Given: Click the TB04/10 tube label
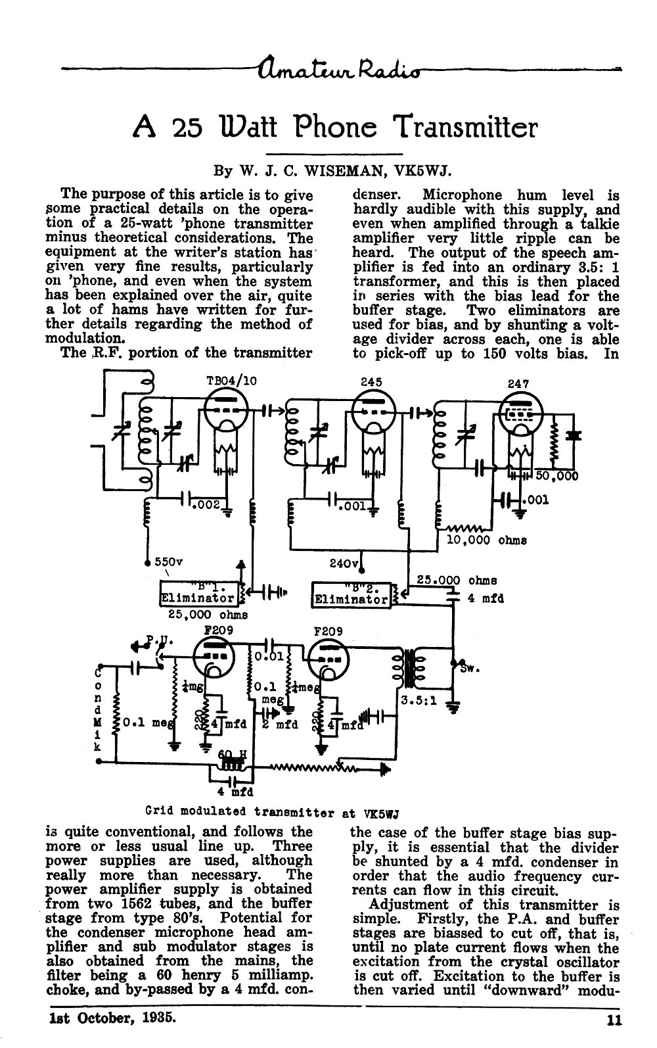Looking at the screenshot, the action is [x=232, y=381].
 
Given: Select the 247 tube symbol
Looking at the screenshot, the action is [x=522, y=414].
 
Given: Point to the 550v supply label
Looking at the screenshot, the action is [x=169, y=561].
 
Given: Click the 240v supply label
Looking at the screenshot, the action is [x=344, y=563].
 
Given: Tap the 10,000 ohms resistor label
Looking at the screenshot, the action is [x=487, y=540].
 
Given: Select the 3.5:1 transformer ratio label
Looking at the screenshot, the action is [x=419, y=702].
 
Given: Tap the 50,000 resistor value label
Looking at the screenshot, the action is [x=557, y=476].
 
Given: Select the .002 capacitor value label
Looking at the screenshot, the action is [x=206, y=506].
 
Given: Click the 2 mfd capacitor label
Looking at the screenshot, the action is [x=280, y=725].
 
